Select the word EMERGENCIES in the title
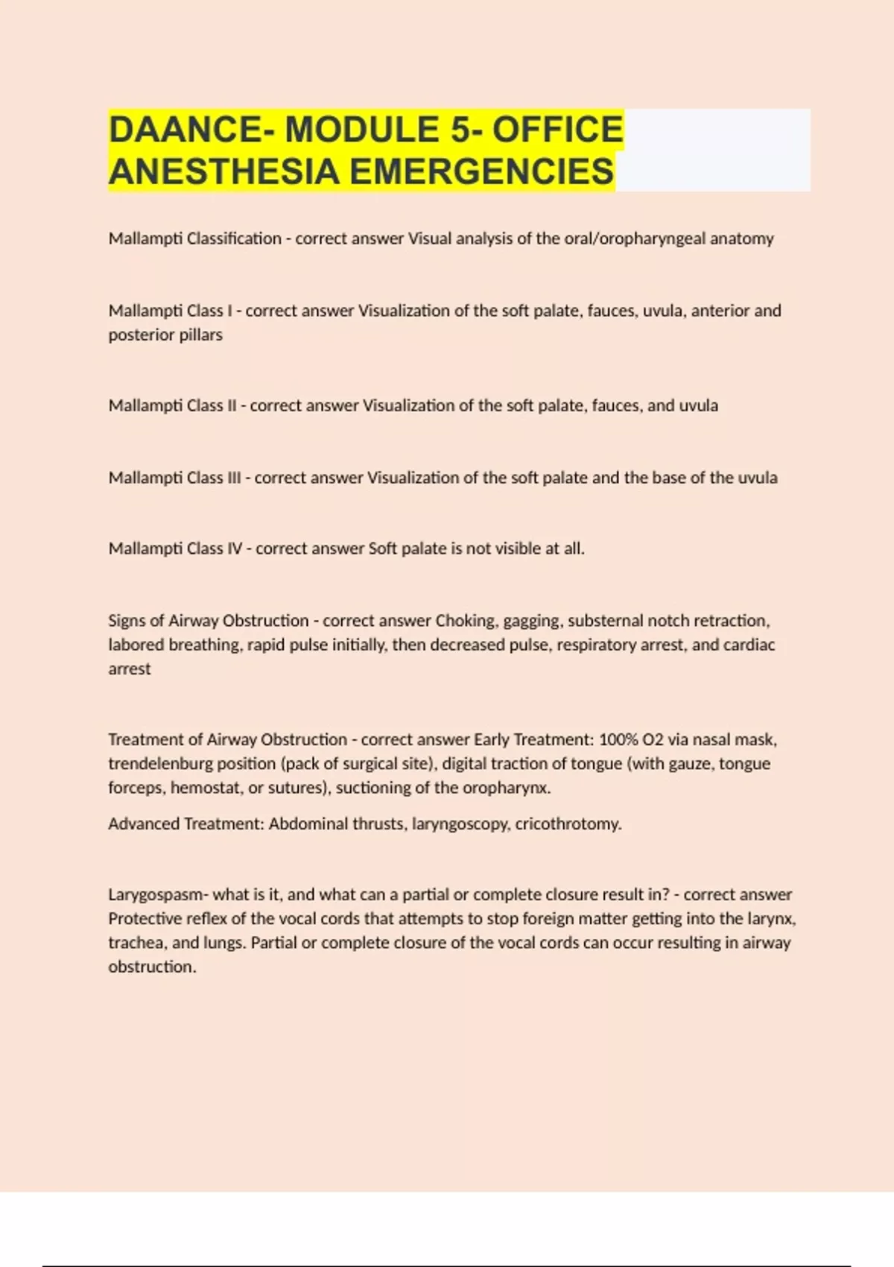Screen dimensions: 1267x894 (x=481, y=171)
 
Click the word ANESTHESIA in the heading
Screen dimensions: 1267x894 (x=224, y=171)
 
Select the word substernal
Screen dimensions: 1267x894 (x=604, y=620)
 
